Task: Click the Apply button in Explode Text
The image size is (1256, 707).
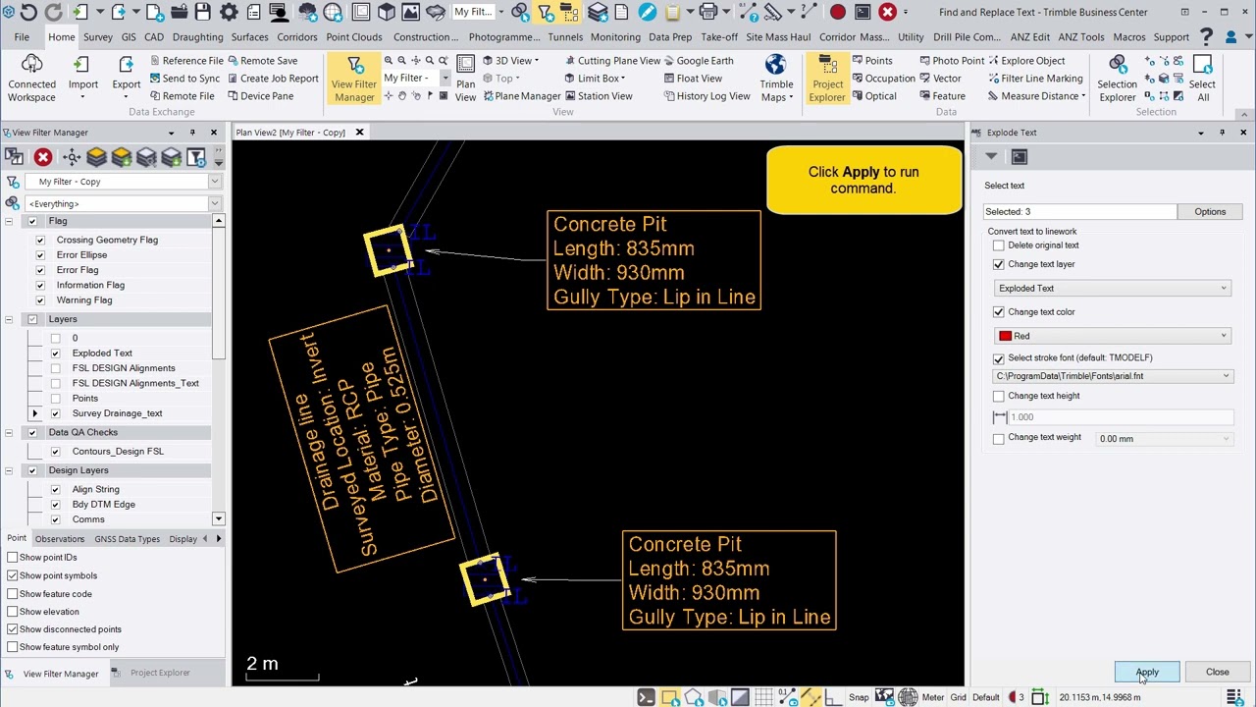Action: point(1146,673)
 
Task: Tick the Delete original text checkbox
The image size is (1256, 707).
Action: point(999,245)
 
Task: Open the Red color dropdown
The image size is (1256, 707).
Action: point(1113,336)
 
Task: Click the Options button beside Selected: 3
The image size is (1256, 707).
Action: point(1209,212)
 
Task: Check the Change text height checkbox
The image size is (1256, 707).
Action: point(999,396)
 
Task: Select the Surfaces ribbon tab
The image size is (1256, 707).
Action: point(249,37)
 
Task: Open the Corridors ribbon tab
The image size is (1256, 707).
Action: point(296,37)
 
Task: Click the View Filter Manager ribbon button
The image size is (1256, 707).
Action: point(354,79)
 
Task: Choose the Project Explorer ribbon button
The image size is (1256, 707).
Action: point(827,79)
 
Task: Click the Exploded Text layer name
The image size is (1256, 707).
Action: point(102,353)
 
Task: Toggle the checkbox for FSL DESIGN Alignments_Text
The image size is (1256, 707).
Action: point(55,383)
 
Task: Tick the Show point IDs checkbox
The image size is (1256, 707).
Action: point(13,558)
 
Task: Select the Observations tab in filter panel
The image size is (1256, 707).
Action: point(60,539)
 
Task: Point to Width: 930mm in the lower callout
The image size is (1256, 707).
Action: point(694,593)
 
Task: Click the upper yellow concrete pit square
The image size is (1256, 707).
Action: point(387,251)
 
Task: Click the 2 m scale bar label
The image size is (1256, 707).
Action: point(262,664)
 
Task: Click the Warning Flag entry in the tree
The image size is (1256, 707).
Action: point(84,300)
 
